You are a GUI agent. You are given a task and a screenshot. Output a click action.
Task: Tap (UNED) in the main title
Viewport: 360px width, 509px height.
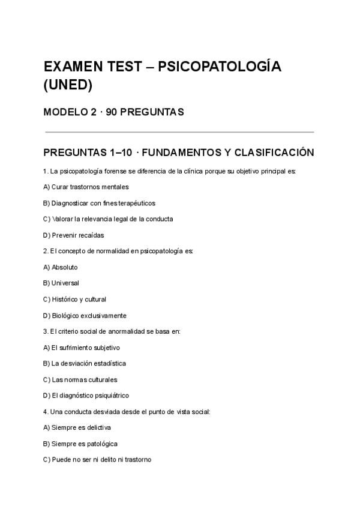68,85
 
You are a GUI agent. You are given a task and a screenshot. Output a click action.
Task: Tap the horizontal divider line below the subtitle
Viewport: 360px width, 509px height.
179,131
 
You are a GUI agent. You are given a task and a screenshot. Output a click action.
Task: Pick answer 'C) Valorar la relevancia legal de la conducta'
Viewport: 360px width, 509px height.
108,219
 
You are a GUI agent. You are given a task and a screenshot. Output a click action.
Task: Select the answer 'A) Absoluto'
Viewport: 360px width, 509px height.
61,267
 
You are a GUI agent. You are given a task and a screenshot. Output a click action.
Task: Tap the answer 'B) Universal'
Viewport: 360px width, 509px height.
61,283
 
